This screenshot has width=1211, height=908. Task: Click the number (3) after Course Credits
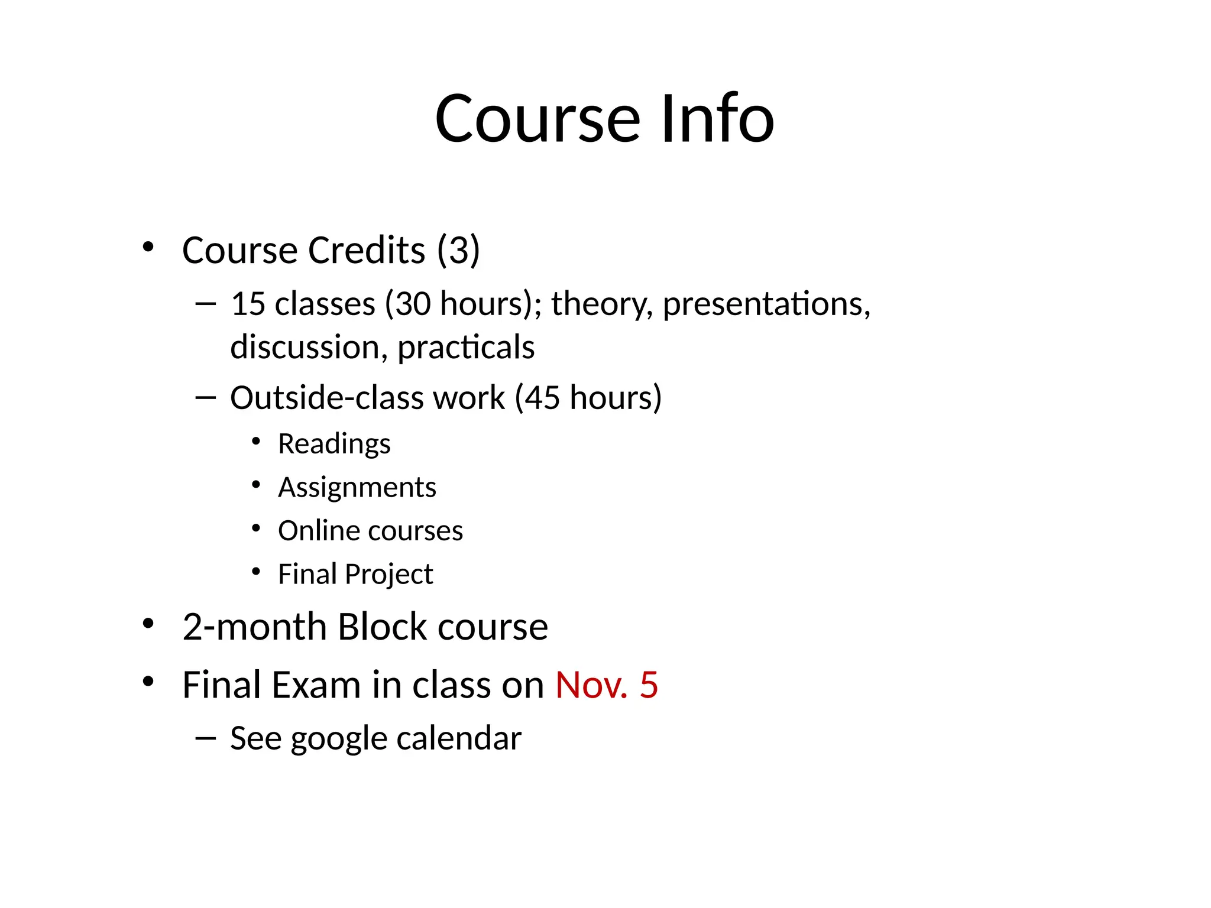tap(458, 250)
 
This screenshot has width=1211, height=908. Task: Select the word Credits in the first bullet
tap(367, 250)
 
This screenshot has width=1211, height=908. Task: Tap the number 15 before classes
tap(248, 304)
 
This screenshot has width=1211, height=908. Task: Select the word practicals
tap(466, 347)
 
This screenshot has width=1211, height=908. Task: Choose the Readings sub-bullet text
tap(334, 444)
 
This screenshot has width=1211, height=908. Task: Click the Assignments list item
tap(357, 488)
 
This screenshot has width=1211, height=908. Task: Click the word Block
tap(382, 627)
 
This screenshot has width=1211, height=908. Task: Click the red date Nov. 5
tap(606, 685)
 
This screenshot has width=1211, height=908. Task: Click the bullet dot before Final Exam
tap(148, 682)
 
